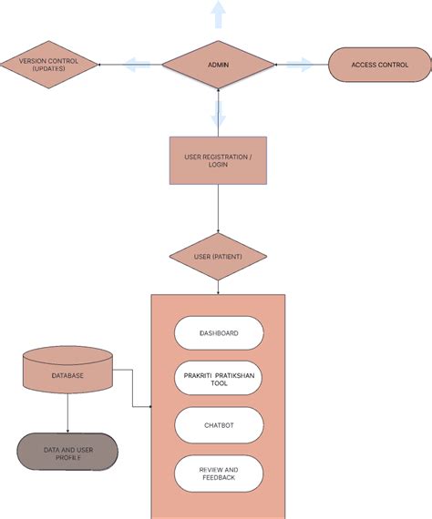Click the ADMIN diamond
click(218, 65)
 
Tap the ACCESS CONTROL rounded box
click(378, 65)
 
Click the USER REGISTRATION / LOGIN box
click(218, 160)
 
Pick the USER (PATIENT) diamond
click(218, 257)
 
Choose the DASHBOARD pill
click(219, 333)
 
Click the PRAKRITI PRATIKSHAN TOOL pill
click(219, 378)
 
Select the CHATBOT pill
click(219, 424)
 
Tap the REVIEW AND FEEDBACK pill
click(219, 473)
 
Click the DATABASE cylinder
click(67, 374)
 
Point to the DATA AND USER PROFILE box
click(67, 453)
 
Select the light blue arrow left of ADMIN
click(138, 65)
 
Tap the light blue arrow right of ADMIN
click(298, 65)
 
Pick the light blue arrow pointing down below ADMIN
click(218, 114)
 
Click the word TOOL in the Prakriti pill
click(219, 383)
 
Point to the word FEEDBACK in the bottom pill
click(219, 478)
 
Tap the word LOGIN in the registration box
click(218, 166)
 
